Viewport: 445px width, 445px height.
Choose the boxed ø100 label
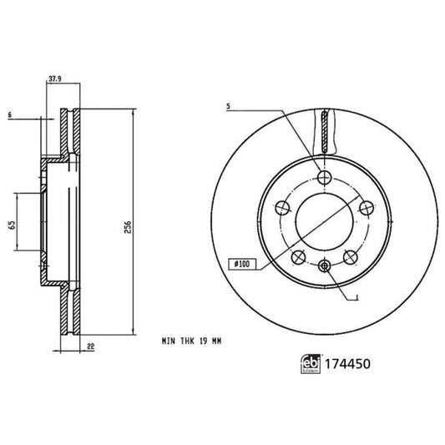click(x=242, y=264)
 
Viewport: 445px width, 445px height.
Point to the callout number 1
click(x=357, y=297)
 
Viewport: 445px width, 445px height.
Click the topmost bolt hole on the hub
click(x=323, y=176)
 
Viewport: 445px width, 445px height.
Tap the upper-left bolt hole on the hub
click(x=282, y=207)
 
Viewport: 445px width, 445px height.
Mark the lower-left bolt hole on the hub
click(x=298, y=255)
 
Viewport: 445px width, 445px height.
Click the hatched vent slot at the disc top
click(x=323, y=134)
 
